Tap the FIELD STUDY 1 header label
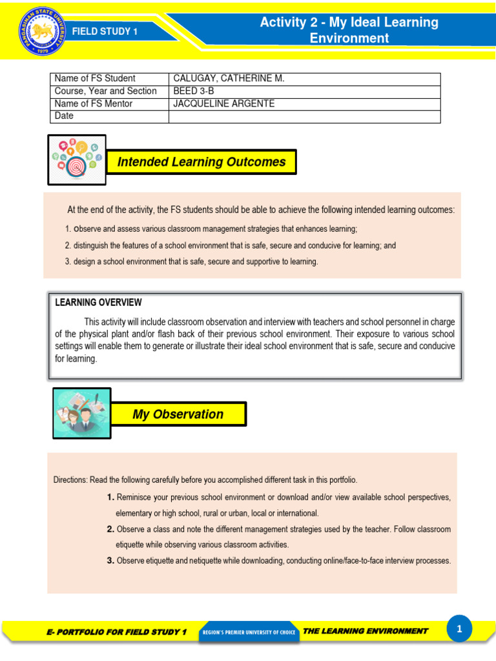tap(105, 31)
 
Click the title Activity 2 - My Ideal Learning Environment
tap(349, 30)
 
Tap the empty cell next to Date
tap(304, 116)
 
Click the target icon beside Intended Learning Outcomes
tap(77, 159)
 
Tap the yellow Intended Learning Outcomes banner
tap(201, 162)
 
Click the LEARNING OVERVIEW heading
tap(98, 302)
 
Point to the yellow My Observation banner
tap(178, 414)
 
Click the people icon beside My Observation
tap(81, 413)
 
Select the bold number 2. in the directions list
tap(110, 529)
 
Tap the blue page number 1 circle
tap(459, 629)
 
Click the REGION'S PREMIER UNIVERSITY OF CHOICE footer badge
tap(249, 632)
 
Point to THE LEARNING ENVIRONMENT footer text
tap(365, 631)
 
